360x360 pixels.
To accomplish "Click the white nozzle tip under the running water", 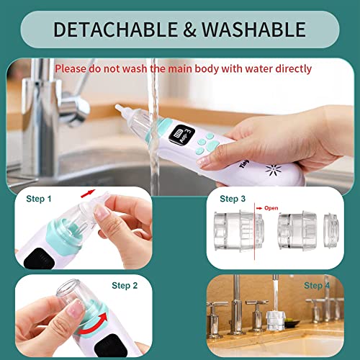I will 120,109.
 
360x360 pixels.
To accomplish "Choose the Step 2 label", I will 125,285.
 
